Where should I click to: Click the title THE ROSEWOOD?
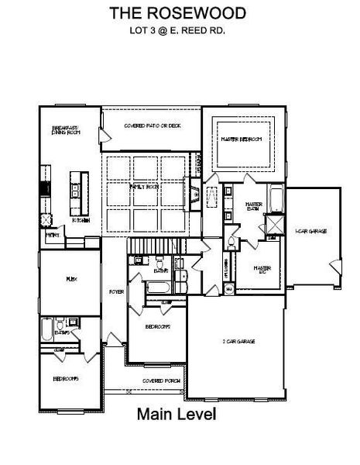coord(177,13)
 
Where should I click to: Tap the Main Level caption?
coord(177,415)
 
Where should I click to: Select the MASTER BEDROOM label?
coord(241,139)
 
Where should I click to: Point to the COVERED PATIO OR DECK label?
coord(152,126)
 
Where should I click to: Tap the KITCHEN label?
coord(81,221)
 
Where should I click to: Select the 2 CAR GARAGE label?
coord(239,342)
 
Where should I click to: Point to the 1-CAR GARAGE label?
coord(309,231)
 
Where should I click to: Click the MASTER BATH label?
coord(254,206)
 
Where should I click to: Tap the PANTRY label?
coord(52,235)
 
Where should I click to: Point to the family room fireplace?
coord(191,190)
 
